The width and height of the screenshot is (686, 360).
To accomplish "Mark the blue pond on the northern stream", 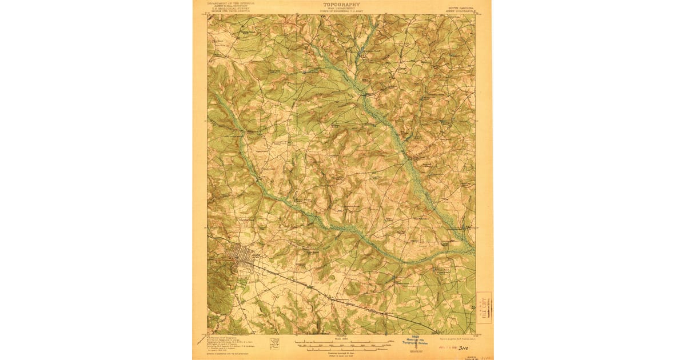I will [360, 54].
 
